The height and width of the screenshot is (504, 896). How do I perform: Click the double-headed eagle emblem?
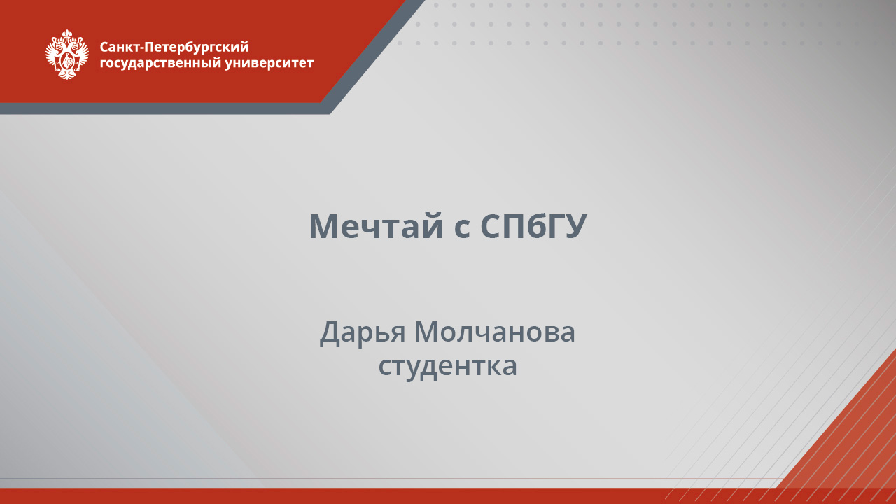(67, 55)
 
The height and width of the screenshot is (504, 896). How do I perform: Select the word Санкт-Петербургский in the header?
(174, 47)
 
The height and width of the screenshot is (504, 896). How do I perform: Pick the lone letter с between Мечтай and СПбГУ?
(462, 228)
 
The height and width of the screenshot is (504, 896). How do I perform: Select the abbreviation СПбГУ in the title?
(533, 226)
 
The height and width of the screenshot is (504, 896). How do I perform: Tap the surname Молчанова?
(495, 332)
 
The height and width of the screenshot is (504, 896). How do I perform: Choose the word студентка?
(448, 366)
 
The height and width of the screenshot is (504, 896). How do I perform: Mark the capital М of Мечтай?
(324, 226)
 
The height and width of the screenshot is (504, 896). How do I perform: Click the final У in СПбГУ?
(575, 226)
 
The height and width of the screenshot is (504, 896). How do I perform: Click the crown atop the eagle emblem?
(67, 34)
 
